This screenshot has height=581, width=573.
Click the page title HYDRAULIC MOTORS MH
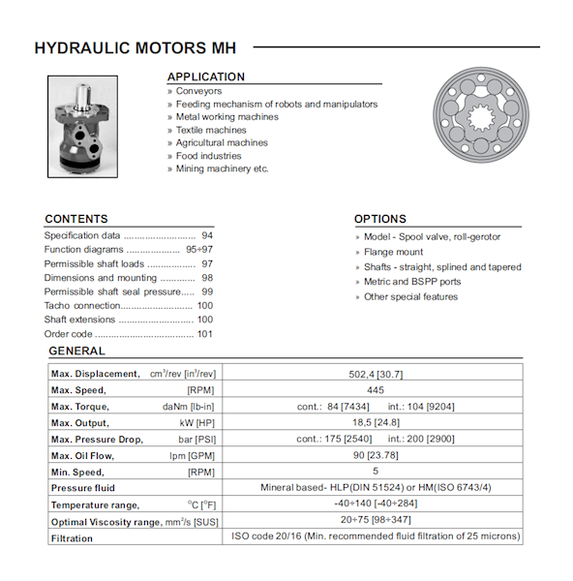tap(135, 47)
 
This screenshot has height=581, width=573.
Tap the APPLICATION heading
tap(206, 76)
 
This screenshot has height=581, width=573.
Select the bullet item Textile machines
tap(211, 130)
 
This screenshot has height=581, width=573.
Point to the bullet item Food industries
tap(208, 156)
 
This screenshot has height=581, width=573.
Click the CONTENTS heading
tap(76, 219)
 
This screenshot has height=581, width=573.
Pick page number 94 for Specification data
tap(207, 235)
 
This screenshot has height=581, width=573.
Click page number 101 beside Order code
tap(205, 334)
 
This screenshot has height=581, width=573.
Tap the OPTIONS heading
tap(380, 219)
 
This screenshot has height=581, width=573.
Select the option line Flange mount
tap(393, 252)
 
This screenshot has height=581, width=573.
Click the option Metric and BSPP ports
tap(412, 282)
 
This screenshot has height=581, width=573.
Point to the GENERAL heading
tap(76, 351)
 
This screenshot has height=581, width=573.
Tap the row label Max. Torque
tap(79, 407)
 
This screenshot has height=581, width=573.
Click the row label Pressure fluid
tap(83, 488)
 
